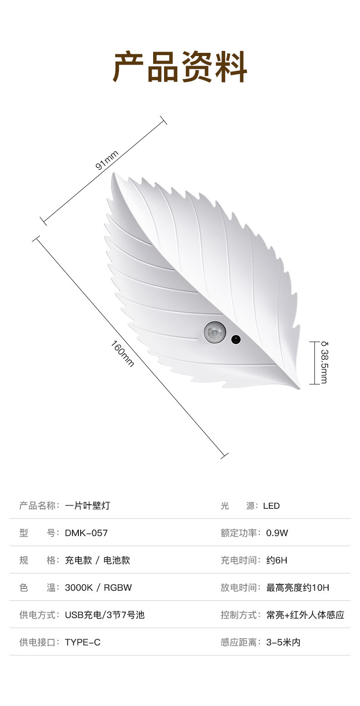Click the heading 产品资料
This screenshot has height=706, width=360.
coord(180,67)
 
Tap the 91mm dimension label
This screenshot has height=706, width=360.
coord(107,160)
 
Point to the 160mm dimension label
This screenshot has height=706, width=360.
coord(123,353)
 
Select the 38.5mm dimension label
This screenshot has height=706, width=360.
coord(324,363)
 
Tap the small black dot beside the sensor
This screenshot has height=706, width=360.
coord(236,339)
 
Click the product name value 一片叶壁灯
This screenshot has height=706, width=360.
coord(87,506)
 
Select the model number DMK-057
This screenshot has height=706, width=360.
coord(86,533)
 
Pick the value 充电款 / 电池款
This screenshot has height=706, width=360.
coord(97,560)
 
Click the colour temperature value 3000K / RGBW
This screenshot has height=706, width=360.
coord(98,588)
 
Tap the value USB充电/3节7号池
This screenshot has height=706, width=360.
coord(104,615)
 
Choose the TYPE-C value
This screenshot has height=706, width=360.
coord(82,642)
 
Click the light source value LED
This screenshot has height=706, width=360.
coord(271,506)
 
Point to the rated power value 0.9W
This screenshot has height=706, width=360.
coord(277,533)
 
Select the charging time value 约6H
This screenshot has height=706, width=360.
coord(277,560)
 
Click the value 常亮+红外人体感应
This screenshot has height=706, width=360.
coord(305,615)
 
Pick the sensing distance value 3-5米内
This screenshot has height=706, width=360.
coord(283,642)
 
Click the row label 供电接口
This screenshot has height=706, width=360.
coord(39,642)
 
